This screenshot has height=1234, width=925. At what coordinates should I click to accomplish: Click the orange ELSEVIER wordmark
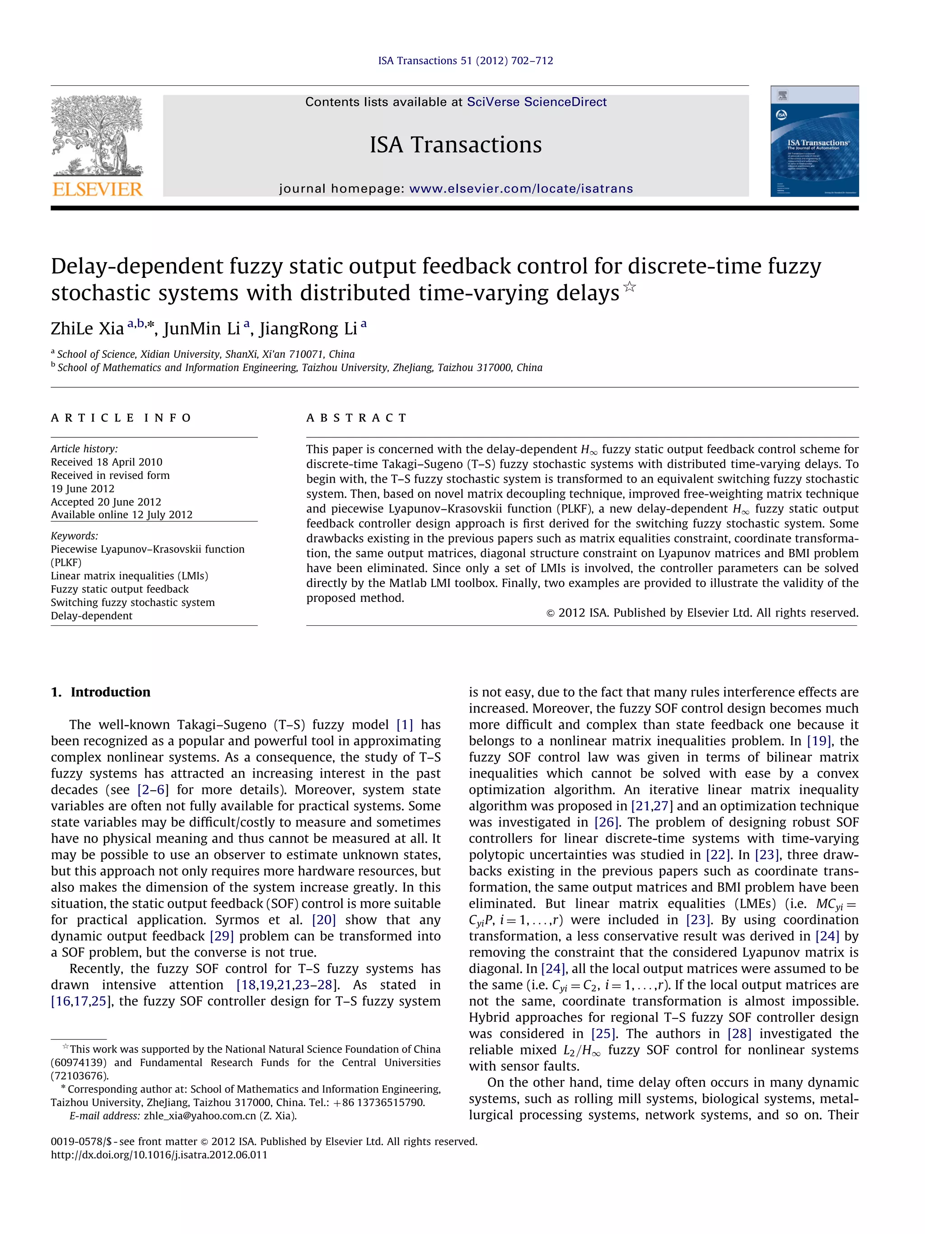[x=98, y=189]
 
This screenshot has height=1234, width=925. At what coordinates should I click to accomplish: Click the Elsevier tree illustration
[x=97, y=136]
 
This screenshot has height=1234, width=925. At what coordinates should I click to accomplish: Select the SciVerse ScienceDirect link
[x=537, y=102]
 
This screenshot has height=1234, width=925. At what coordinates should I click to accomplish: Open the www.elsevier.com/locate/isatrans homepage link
[x=521, y=188]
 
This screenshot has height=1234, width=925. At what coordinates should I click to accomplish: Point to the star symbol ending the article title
[x=629, y=287]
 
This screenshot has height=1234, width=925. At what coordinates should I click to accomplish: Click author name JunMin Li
[x=202, y=328]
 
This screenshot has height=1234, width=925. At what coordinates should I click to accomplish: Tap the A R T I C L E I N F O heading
[x=121, y=418]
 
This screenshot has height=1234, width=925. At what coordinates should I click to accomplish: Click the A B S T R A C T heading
[x=356, y=418]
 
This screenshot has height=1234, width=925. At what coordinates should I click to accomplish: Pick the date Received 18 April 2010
[x=107, y=462]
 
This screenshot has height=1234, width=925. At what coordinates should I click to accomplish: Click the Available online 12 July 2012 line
[x=121, y=514]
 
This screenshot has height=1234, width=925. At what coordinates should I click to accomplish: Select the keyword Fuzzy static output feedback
[x=119, y=589]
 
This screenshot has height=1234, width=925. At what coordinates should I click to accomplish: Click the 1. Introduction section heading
[x=100, y=692]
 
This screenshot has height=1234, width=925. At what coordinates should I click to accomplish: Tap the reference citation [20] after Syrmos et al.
[x=323, y=920]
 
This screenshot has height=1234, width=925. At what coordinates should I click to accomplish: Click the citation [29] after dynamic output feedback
[x=221, y=936]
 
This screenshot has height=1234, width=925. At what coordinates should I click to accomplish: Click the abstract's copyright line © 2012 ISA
[x=701, y=613]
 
